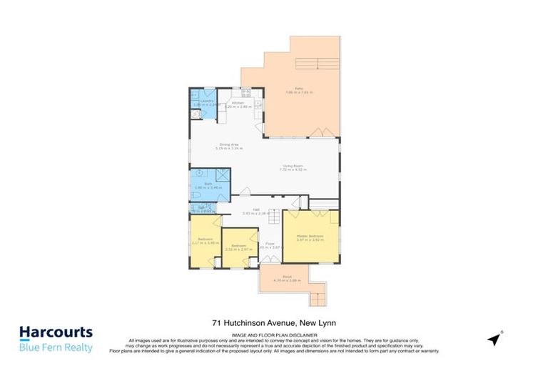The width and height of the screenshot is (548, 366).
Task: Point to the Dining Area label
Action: click(229, 146)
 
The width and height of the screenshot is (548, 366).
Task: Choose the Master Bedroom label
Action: click(310, 237)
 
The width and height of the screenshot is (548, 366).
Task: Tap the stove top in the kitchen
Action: click(246, 92)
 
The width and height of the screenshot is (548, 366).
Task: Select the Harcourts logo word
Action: click(56, 332)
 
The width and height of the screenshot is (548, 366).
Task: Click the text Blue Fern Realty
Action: click(56, 347)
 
